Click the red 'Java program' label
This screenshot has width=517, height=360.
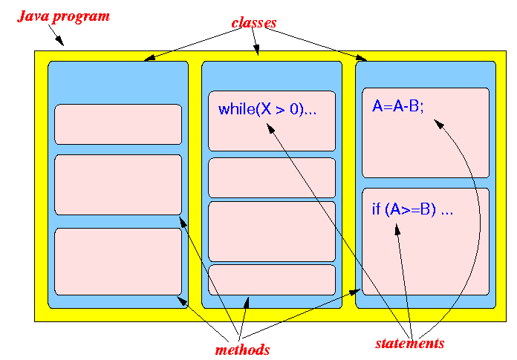tap(63, 17)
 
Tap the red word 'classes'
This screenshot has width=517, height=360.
tap(254, 23)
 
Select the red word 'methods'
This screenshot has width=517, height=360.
tap(242, 350)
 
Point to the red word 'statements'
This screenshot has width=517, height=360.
tap(410, 343)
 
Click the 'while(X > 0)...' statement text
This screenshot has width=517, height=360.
tap(267, 109)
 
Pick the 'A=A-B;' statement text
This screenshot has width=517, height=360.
tap(397, 106)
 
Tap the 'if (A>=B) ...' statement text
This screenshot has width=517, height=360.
tap(412, 209)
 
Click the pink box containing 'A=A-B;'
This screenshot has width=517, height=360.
tap(426, 133)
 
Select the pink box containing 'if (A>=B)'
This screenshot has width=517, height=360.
tap(426, 241)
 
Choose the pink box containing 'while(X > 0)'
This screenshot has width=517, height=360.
tap(272, 121)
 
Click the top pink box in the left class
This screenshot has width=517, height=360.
tap(118, 124)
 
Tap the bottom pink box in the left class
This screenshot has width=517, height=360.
tap(118, 261)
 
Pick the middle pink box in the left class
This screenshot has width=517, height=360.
tap(118, 185)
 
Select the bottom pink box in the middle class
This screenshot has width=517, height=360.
tap(272, 280)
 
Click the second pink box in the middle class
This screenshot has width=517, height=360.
tap(272, 178)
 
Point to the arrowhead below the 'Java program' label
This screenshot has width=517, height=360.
tap(59, 41)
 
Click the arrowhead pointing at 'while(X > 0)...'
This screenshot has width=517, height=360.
tap(270, 128)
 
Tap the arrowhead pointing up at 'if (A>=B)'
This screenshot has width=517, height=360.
tap(397, 229)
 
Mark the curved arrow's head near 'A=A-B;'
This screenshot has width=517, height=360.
tap(438, 124)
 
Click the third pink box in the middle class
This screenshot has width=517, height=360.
tap(272, 232)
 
